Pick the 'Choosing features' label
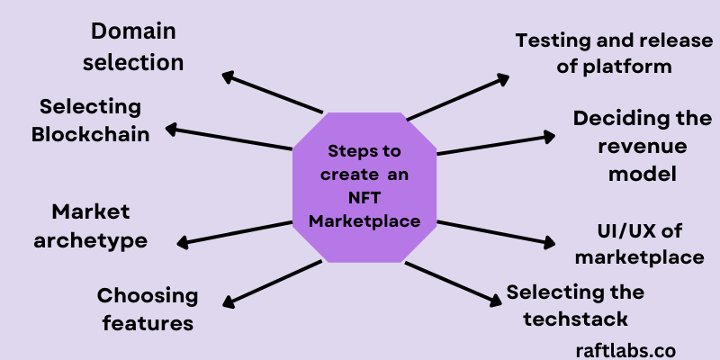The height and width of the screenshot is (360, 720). [x=147, y=309]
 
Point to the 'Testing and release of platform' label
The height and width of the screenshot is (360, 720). [x=594, y=53]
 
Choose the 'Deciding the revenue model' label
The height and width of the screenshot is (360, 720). [x=635, y=145]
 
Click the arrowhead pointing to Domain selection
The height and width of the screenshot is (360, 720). [x=229, y=76]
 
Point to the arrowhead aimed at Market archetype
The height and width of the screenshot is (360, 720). [x=183, y=242]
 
